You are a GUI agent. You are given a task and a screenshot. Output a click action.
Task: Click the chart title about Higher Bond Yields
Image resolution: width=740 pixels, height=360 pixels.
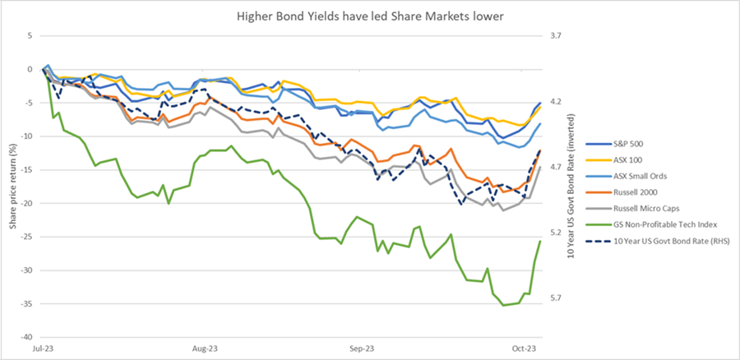pos(371,15)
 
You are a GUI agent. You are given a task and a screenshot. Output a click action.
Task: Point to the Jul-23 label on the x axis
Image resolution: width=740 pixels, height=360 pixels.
pos(43,348)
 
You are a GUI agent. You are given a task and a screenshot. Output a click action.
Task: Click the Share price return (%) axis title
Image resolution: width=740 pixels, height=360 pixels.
pos(12,186)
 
